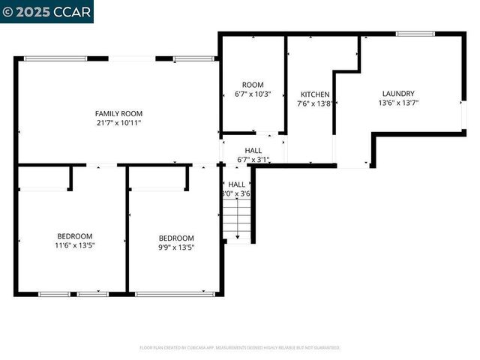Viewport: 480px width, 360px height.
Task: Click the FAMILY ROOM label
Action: coord(118,112)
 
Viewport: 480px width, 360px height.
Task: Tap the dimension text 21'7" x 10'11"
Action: coord(118,122)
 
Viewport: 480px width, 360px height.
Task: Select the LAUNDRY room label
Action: coord(398,94)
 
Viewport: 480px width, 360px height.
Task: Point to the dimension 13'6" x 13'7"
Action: coord(398,103)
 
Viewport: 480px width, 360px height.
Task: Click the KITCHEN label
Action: coord(314,94)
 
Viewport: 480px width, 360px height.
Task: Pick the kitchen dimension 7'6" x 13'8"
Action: coord(314,104)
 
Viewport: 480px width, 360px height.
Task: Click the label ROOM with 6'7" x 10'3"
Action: coord(253,85)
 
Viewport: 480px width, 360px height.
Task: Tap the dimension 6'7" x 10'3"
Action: coord(253,94)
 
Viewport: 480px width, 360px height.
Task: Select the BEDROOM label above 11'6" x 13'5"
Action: coord(75,235)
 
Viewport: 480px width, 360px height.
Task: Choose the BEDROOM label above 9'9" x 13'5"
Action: coord(176,238)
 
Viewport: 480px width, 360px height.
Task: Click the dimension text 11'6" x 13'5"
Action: coord(75,245)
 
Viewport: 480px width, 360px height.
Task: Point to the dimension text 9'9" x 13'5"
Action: coord(176,247)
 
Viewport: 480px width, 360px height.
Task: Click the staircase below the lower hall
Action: coord(238,221)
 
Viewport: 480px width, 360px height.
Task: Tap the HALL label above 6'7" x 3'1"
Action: coord(253,150)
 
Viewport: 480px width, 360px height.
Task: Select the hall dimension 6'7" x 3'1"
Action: coord(253,160)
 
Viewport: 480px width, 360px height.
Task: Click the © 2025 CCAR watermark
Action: coord(46,12)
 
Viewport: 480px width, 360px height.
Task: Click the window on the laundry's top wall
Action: coord(415,34)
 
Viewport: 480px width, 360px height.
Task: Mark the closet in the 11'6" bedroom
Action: coord(43,177)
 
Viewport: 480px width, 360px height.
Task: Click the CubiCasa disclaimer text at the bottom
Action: coord(240,348)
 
